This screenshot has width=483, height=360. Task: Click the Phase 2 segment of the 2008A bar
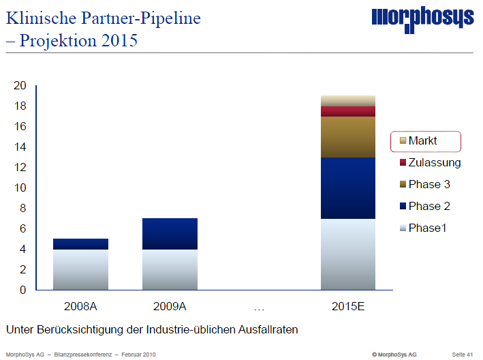[80, 244]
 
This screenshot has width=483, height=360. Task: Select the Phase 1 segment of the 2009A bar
[170, 269]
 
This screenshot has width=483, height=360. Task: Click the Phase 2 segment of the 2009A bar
[170, 234]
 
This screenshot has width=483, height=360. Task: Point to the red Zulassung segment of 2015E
[348, 111]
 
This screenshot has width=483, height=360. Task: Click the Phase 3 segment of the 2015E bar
[348, 136]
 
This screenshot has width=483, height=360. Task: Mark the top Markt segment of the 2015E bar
[348, 101]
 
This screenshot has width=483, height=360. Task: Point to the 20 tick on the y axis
[20, 86]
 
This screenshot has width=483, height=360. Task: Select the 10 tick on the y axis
[20, 188]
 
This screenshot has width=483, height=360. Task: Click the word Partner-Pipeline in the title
[144, 18]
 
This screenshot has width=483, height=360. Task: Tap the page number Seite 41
[462, 355]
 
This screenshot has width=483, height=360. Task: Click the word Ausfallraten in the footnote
[266, 330]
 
